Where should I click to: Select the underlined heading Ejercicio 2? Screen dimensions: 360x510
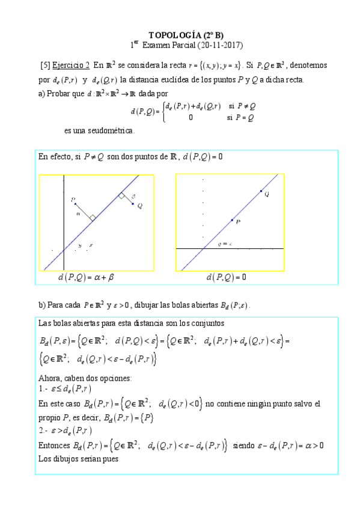(x=71, y=64)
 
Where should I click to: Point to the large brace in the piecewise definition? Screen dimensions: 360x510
(x=163, y=112)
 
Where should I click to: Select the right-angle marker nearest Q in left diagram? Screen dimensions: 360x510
(x=121, y=195)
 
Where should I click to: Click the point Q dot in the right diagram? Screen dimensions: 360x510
(x=261, y=191)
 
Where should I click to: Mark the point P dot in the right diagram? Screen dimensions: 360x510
(x=232, y=220)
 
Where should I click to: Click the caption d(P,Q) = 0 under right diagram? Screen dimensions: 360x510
(x=226, y=277)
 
